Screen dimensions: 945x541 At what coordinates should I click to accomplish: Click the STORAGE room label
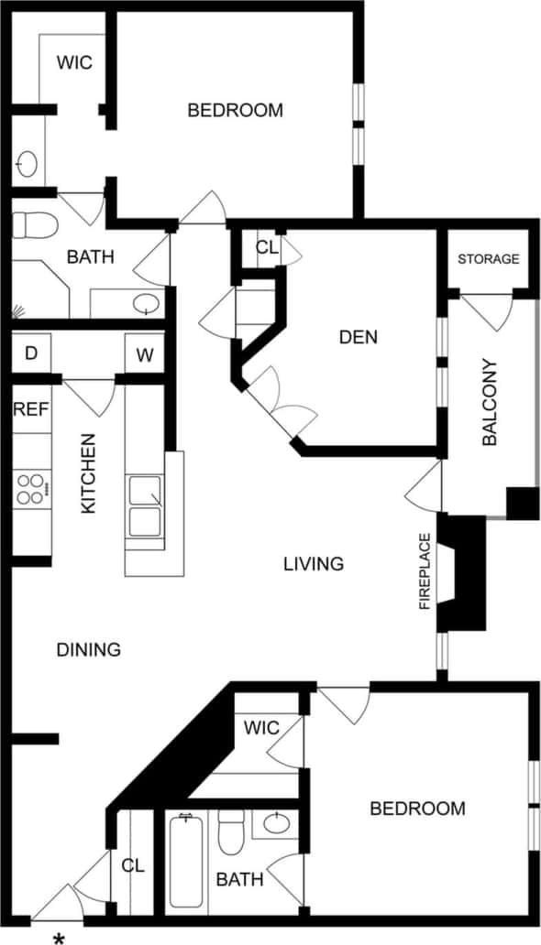[x=488, y=259]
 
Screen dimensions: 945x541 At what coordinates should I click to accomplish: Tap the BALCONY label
[x=490, y=403]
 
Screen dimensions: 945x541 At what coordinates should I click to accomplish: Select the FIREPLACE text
[x=425, y=571]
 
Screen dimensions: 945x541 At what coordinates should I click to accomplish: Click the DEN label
[x=358, y=337]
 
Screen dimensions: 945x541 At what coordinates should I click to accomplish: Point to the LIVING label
[x=313, y=564]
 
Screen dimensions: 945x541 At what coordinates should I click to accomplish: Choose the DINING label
[x=89, y=650]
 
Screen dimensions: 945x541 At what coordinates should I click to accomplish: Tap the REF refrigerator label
[x=30, y=409]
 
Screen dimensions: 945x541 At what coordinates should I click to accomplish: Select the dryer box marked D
[x=30, y=354]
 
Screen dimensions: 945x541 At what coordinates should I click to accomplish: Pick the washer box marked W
[x=145, y=354]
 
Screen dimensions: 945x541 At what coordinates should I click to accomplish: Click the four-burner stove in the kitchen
[x=30, y=488]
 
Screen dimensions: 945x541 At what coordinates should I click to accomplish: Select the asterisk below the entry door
[x=61, y=938]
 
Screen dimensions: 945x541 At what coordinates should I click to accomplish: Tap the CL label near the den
[x=266, y=247]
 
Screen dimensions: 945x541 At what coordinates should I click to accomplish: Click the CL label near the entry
[x=133, y=864]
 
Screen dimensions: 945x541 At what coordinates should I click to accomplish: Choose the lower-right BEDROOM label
[x=417, y=809]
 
